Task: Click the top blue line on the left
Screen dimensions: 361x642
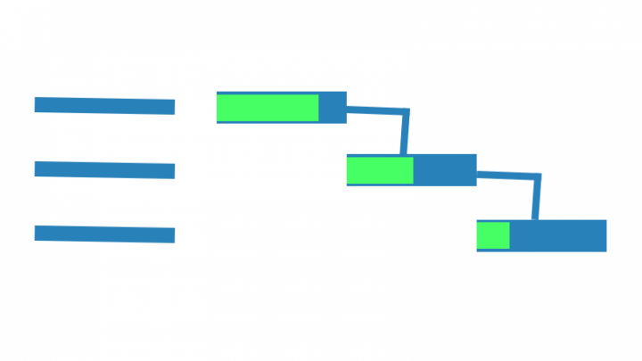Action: pos(104,106)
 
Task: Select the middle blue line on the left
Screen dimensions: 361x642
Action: pos(104,169)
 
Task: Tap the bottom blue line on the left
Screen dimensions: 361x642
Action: pos(104,234)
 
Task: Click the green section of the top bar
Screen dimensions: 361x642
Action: pos(267,107)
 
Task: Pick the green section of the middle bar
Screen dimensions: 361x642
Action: pos(380,170)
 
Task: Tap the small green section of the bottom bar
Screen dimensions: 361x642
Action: pos(493,235)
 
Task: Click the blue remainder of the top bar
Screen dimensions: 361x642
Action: pos(333,107)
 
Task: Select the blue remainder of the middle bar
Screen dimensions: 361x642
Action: pos(445,170)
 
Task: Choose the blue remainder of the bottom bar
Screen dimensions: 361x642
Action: pos(557,235)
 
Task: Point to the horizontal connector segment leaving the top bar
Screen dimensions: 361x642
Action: pos(374,111)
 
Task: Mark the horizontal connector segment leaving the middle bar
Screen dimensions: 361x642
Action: pos(506,176)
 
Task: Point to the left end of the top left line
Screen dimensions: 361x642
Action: pos(37,105)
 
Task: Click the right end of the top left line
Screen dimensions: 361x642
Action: pos(172,107)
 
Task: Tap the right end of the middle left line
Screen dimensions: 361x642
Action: pos(172,171)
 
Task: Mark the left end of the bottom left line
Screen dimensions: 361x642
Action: pos(37,233)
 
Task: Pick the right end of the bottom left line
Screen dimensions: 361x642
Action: pos(172,235)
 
